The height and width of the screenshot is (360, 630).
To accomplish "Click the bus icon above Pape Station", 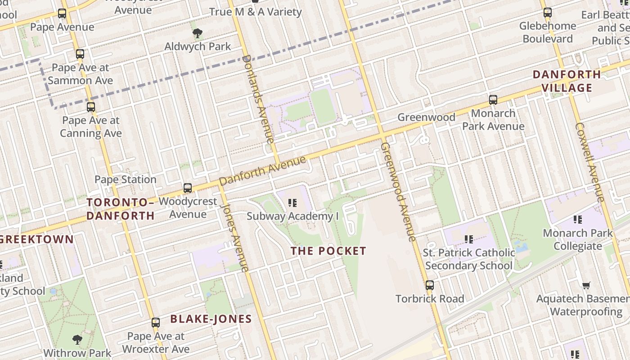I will tap(188, 188).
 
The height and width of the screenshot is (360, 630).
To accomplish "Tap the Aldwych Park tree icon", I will tap(197, 33).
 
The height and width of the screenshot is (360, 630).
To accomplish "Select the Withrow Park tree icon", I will tap(77, 339).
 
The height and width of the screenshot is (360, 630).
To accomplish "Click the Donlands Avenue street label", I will tap(258, 99).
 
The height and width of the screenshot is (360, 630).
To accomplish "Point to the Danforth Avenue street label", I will tap(262, 171).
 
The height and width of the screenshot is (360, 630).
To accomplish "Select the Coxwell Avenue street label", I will tap(589, 162).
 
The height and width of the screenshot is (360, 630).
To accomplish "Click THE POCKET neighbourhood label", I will tap(328, 251).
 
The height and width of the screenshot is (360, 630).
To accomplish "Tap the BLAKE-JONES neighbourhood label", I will tap(211, 319).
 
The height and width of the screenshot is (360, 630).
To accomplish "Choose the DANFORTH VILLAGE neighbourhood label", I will tap(567, 81).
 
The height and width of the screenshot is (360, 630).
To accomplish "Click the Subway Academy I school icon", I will tap(293, 203).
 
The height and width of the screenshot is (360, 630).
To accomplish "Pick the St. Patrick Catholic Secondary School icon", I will tap(469, 239).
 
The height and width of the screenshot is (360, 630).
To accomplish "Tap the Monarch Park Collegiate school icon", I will tap(578, 220).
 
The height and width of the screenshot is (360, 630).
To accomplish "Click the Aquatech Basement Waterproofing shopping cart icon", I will tap(586, 285).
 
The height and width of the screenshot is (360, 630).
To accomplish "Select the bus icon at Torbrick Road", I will tap(430, 285).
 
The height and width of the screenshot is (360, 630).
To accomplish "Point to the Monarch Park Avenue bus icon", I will tap(493, 99).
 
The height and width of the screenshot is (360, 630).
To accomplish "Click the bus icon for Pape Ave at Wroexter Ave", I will tap(156, 322).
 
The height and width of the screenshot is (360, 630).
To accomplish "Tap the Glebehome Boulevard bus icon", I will tap(547, 13).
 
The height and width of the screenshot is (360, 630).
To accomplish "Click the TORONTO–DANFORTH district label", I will tap(121, 209).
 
